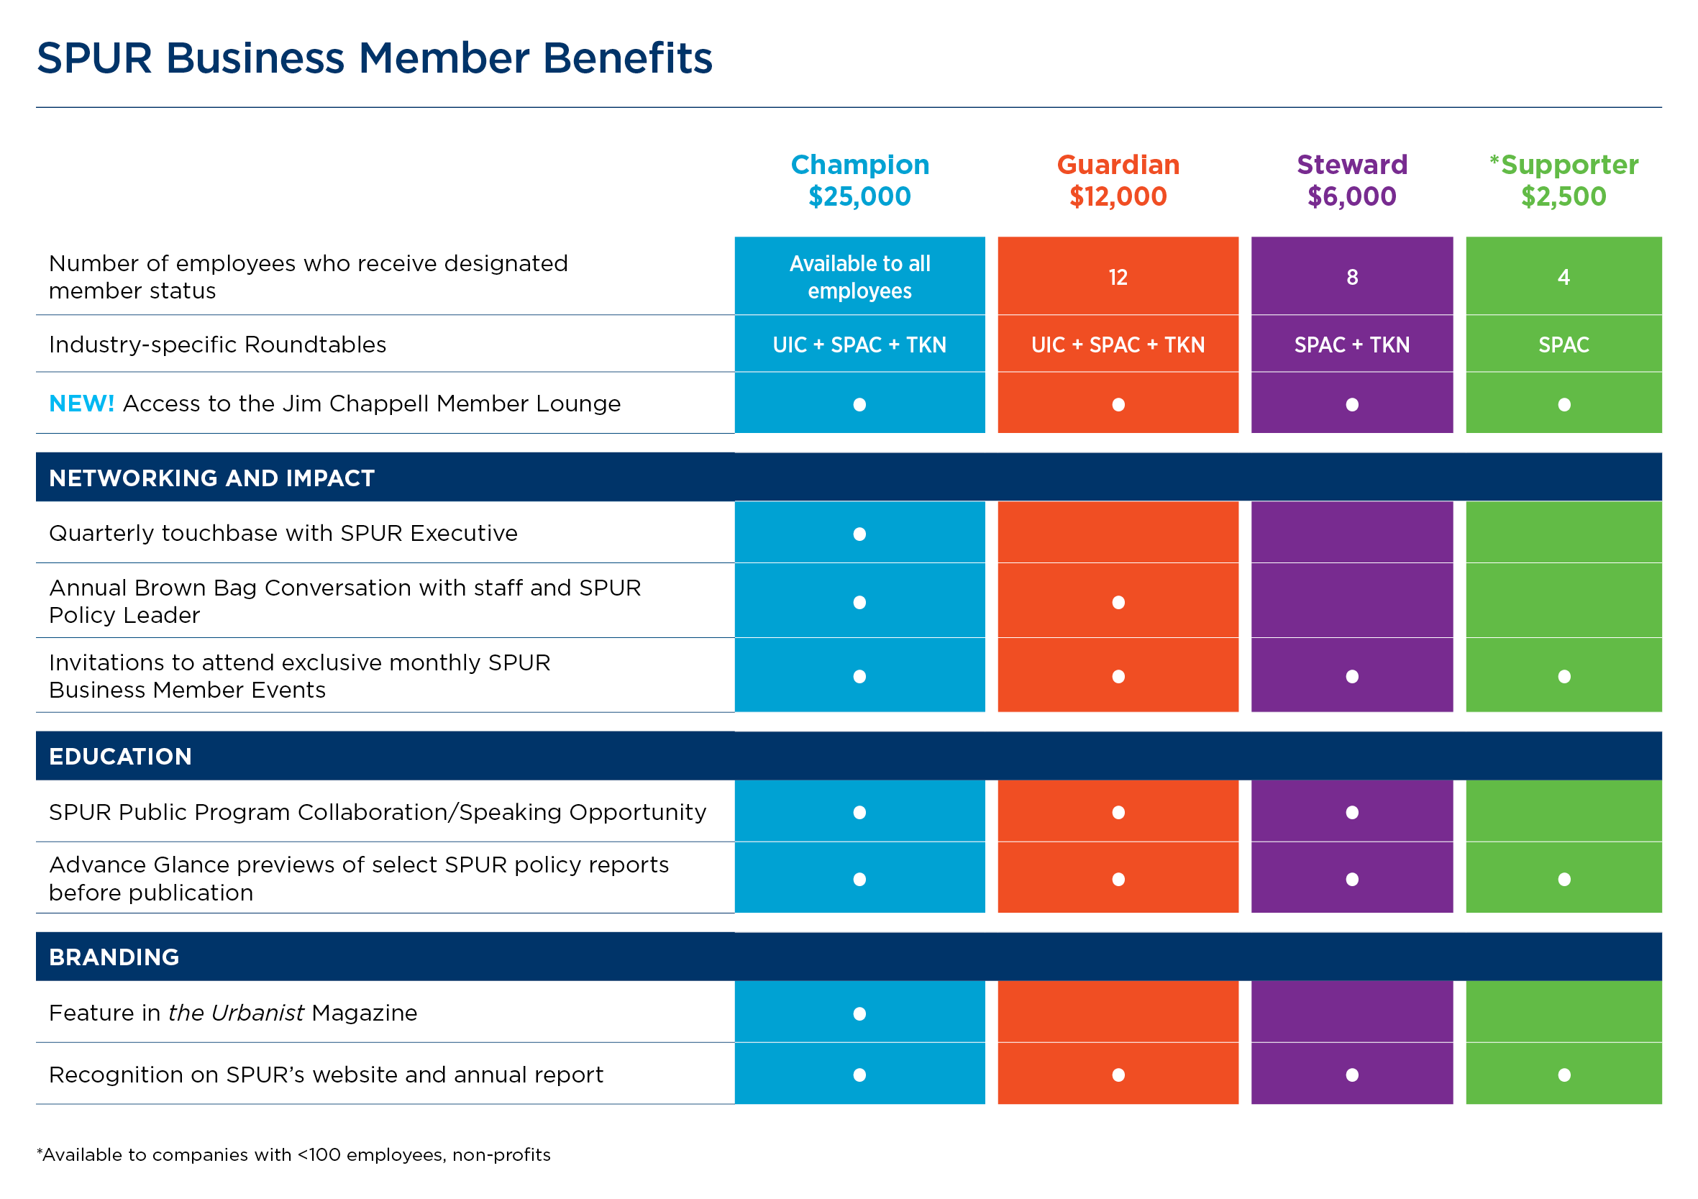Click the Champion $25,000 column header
[859, 181]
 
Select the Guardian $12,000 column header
[1118, 181]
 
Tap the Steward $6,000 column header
[1351, 181]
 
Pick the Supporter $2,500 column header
[1564, 181]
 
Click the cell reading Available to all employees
[859, 277]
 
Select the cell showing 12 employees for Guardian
[1118, 278]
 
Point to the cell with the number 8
[1351, 278]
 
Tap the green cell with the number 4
[1563, 278]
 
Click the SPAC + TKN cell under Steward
[1351, 345]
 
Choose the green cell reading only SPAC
[1563, 345]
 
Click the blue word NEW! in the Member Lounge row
[81, 404]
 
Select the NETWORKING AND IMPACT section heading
[211, 478]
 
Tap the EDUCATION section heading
[120, 756]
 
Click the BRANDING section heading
[114, 957]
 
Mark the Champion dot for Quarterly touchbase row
[859, 534]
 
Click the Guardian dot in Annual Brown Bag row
[1118, 602]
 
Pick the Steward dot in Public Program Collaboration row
[1352, 812]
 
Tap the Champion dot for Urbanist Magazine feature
[859, 1013]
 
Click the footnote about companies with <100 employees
[293, 1154]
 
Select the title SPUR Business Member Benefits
[374, 58]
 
